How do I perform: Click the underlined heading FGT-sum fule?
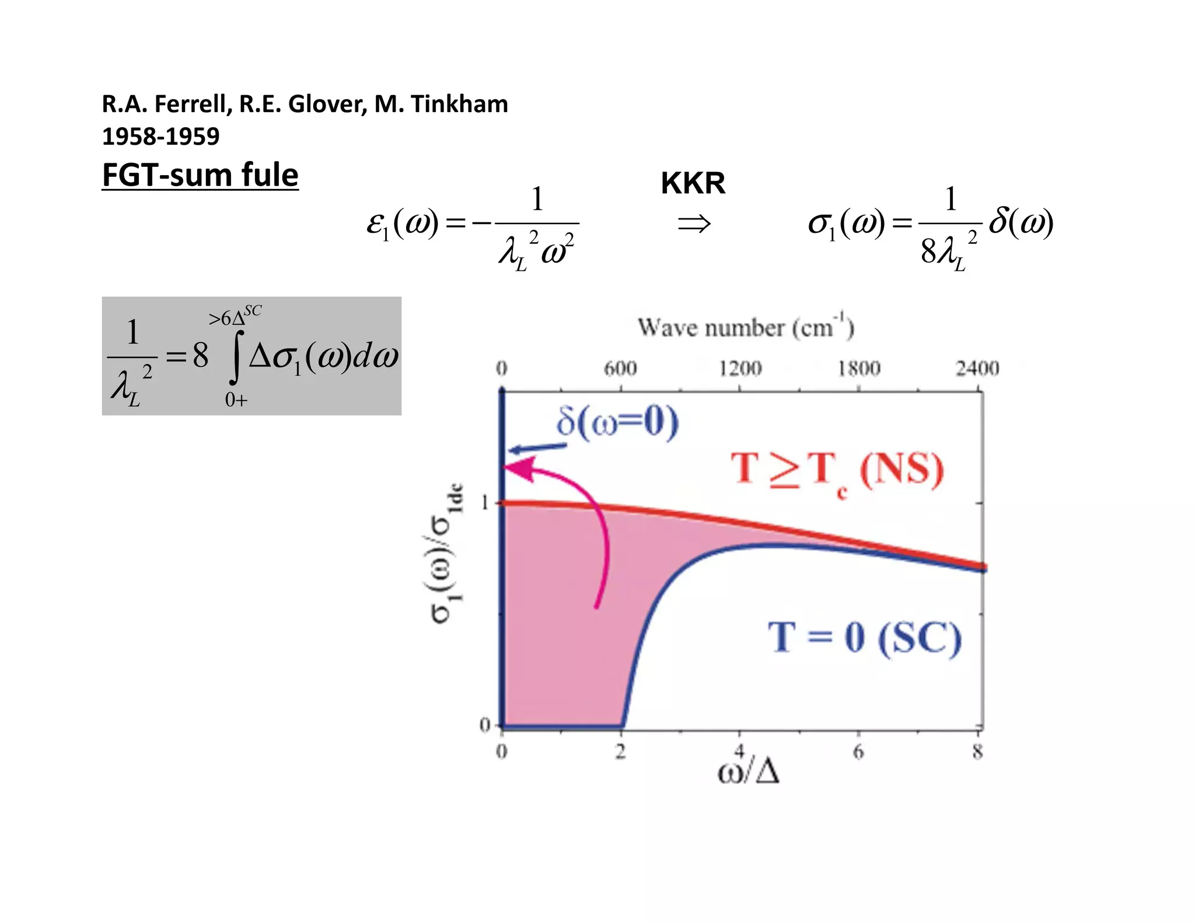click(200, 175)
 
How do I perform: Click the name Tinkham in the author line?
click(459, 104)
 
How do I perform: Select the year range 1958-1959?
click(160, 137)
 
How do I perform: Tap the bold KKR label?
click(693, 183)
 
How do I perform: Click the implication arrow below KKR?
click(694, 223)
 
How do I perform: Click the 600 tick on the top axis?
click(620, 369)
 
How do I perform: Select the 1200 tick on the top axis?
click(740, 369)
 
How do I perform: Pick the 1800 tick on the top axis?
click(859, 369)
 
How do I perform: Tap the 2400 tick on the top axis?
click(977, 369)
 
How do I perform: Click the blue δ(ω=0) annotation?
click(617, 422)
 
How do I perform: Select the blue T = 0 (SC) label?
click(864, 638)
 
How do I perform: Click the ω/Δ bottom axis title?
click(749, 772)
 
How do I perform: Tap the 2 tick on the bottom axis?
click(620, 751)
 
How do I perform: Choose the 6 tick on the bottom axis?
click(858, 751)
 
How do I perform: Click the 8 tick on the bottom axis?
click(978, 751)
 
